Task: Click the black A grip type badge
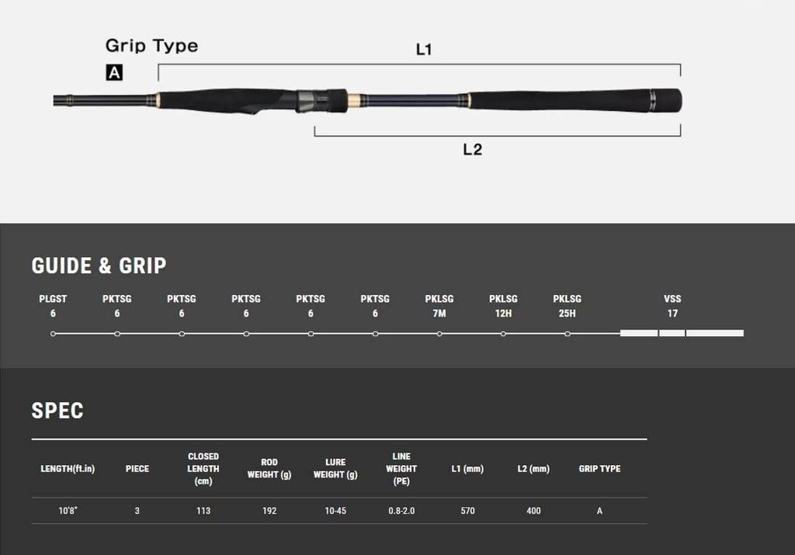(114, 72)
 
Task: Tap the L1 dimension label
(424, 50)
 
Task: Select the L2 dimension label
(473, 150)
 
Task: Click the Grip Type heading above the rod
(151, 46)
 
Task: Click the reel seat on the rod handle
(321, 101)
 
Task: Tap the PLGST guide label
(53, 299)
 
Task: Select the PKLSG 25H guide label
(567, 306)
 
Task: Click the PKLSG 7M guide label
(439, 306)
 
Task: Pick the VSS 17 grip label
(672, 306)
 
